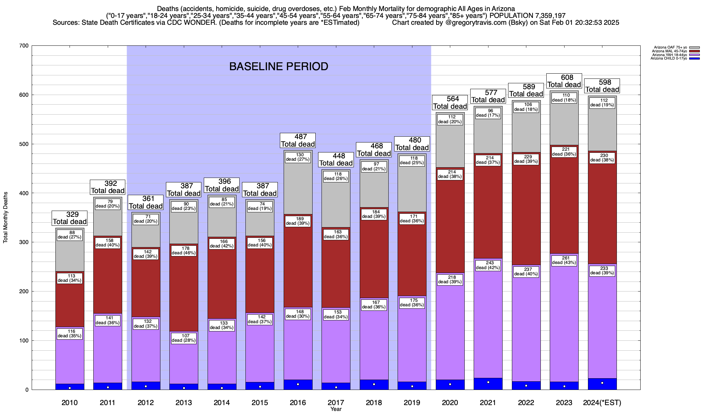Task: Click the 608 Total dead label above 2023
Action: coord(564,81)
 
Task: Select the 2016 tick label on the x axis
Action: coord(298,403)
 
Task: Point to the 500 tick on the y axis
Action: coord(24,144)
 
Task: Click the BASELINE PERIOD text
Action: coord(278,66)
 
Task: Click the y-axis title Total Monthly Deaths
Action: coord(6,218)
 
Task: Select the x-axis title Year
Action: coord(336,409)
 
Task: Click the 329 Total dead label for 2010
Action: coord(70,218)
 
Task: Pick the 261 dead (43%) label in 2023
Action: coord(564,260)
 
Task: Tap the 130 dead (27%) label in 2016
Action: coord(298,157)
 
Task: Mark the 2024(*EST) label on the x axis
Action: coord(602,403)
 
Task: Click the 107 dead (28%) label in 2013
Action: coord(183,338)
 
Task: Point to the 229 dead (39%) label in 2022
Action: coord(526,159)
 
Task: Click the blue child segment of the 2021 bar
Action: coord(488,384)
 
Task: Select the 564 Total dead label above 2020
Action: coord(450,103)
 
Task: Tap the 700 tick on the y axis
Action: coord(24,46)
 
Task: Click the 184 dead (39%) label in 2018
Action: coord(374,214)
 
